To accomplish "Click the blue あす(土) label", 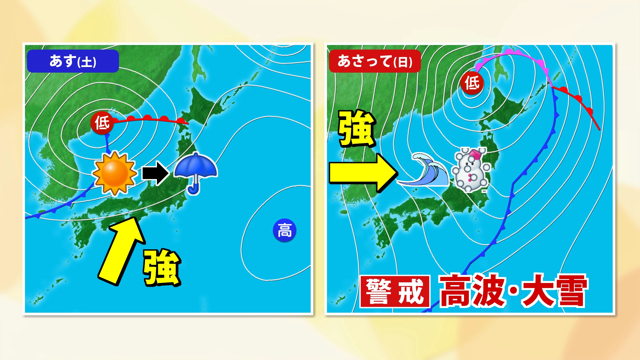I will click(73, 61).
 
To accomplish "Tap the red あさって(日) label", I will click(375, 61).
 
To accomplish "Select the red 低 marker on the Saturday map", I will click(102, 123).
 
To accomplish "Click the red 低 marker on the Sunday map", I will click(472, 83).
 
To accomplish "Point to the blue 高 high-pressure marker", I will click(284, 230).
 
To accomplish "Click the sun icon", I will click(115, 173).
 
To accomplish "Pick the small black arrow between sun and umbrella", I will click(155, 173).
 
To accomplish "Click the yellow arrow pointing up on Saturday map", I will click(121, 250).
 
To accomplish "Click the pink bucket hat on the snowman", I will click(475, 154).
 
